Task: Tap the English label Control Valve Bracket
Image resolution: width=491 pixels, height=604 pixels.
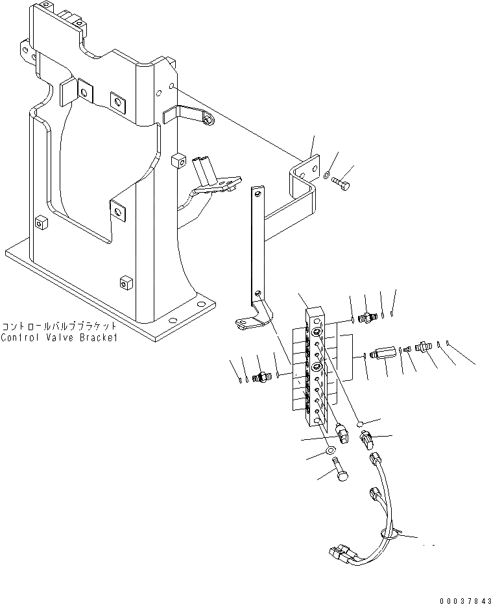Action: pos(60,338)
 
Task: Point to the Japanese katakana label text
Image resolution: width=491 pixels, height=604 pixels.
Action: pos(60,326)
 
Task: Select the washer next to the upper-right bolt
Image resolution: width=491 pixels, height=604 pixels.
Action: pos(329,174)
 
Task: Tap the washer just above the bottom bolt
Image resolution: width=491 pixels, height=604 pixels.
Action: pos(330,451)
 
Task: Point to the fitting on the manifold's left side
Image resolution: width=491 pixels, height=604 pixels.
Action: pos(263,376)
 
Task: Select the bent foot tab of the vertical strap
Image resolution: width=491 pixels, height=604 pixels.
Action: pos(248,322)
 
